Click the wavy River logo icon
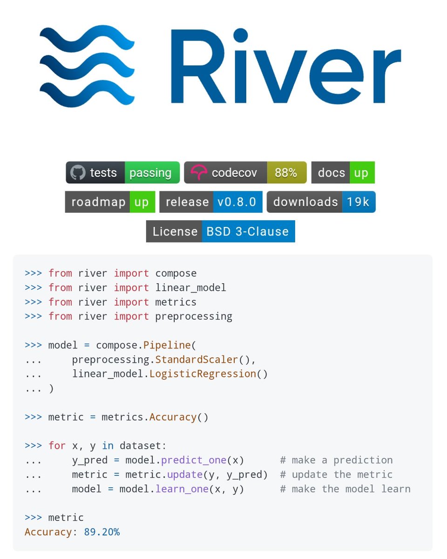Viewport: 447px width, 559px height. point(87,66)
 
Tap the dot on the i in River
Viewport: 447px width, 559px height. point(240,35)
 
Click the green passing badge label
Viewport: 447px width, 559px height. point(152,172)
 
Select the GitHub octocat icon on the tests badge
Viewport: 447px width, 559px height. point(78,172)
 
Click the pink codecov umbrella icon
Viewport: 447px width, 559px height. point(199,172)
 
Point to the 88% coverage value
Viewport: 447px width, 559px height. point(286,172)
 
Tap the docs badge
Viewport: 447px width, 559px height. point(343,172)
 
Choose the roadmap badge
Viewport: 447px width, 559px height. point(110,202)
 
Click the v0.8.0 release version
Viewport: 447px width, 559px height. point(237,202)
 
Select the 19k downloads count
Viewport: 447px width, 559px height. point(358,202)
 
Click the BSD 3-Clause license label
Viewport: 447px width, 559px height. point(248,232)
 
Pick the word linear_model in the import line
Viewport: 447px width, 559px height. point(190,288)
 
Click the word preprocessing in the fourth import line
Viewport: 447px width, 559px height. point(194,317)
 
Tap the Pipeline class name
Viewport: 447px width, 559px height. point(167,345)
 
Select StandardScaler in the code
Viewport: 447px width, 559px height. point(196,360)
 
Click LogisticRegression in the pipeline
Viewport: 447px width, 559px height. point(203,374)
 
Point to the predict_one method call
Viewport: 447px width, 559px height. point(194,460)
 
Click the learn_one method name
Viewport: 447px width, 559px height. point(182,489)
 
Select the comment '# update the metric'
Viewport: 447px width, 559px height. point(336,475)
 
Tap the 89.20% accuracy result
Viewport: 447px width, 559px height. point(102,532)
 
